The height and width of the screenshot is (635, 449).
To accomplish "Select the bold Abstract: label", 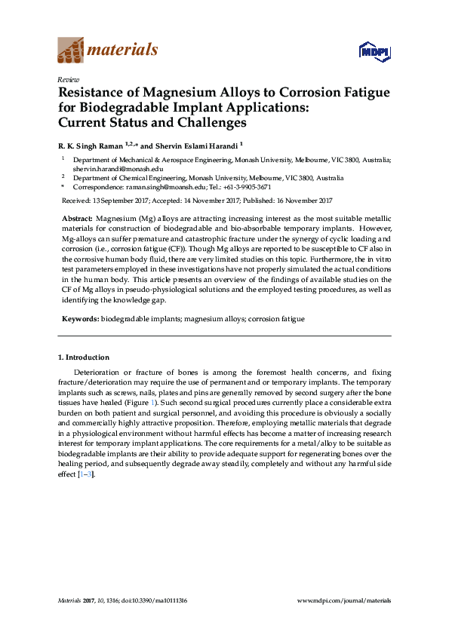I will click(x=77, y=217).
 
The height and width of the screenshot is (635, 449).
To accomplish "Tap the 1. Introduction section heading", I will click(x=84, y=357).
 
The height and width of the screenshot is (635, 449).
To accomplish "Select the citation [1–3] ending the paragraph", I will click(x=86, y=474).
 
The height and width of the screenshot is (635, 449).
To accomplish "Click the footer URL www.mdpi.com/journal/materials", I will click(x=344, y=600).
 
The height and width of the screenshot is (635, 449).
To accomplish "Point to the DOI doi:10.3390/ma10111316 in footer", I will click(x=149, y=600).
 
